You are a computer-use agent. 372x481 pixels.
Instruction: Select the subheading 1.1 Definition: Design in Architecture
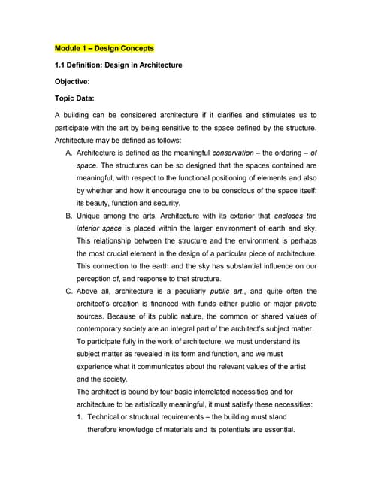tap(119, 65)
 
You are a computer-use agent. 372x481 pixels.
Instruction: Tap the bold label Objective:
tap(76, 82)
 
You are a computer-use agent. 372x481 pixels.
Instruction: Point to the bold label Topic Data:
tap(80, 98)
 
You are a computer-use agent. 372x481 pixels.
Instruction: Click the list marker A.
tap(70, 152)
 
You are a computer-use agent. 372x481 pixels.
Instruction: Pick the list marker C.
tap(70, 292)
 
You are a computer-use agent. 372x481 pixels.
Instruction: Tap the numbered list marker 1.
tap(80, 417)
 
